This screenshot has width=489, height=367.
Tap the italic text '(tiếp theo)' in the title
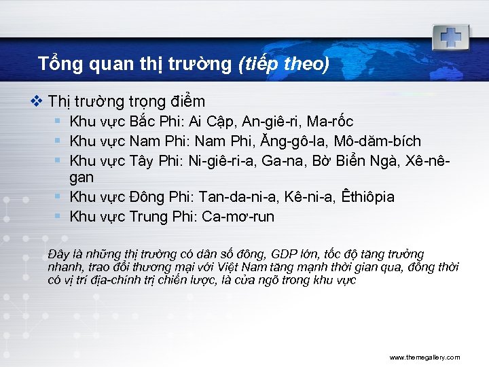click(x=284, y=64)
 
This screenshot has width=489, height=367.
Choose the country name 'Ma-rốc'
click(x=331, y=122)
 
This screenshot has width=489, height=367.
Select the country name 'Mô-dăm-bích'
click(x=383, y=141)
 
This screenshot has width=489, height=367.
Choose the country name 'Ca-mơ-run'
click(x=247, y=217)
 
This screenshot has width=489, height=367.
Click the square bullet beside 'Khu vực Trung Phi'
click(x=60, y=216)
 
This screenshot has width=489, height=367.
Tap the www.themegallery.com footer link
click(x=424, y=357)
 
